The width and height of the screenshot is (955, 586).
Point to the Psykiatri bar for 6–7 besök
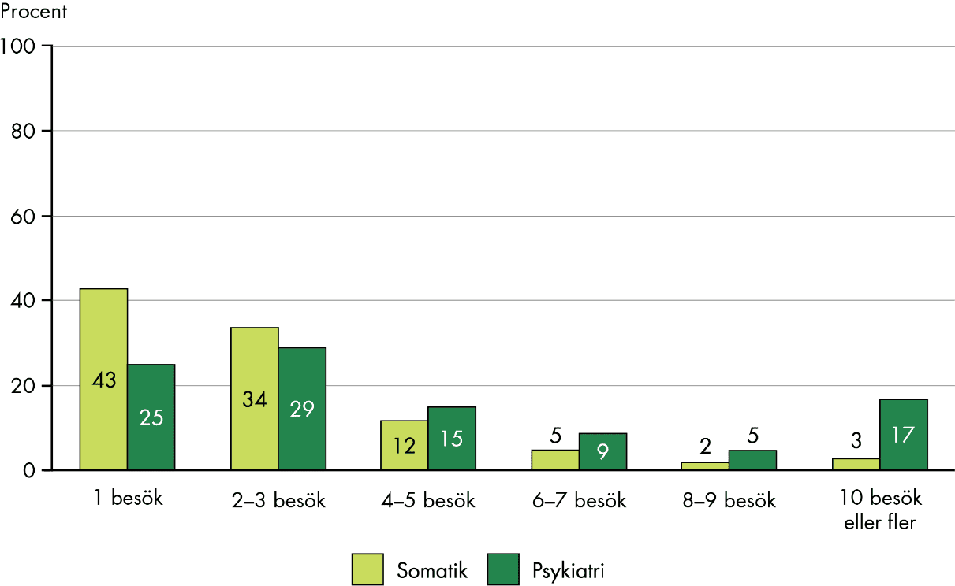click(x=602, y=451)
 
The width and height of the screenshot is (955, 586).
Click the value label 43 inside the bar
click(x=103, y=380)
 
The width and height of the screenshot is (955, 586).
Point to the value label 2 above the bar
click(x=705, y=447)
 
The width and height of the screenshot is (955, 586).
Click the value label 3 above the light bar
click(x=856, y=441)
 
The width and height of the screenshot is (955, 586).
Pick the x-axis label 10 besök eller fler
click(x=880, y=510)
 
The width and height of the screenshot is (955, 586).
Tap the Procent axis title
click(x=34, y=13)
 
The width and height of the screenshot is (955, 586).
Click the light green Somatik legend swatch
click(x=367, y=569)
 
